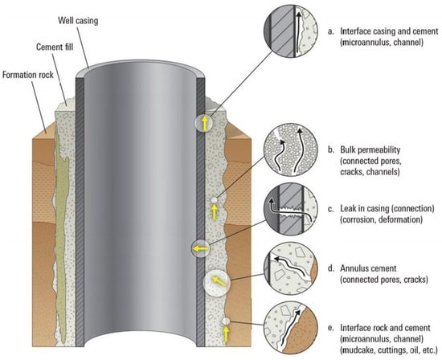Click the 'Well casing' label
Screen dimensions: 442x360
pos(78,21)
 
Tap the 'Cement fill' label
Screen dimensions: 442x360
pos(55,47)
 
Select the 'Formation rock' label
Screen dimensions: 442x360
pos(28,75)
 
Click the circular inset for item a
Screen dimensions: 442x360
pos(291,31)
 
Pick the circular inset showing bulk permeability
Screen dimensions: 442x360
pos(291,150)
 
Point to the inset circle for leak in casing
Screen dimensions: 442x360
pos(291,209)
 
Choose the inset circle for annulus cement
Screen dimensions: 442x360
pos(291,268)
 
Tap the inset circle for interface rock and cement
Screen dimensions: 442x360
pos(291,328)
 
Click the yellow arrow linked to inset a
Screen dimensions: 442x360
pos(205,123)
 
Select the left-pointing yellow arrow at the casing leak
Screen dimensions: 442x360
pos(201,249)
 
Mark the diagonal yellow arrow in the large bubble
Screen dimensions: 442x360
pos(219,281)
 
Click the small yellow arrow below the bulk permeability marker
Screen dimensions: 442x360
pos(215,211)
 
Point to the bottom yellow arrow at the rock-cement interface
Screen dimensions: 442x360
pos(226,334)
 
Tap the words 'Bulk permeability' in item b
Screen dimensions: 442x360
pos(370,150)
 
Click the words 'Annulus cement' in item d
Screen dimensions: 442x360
pos(368,268)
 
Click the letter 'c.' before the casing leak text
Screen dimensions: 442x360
pos(331,210)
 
